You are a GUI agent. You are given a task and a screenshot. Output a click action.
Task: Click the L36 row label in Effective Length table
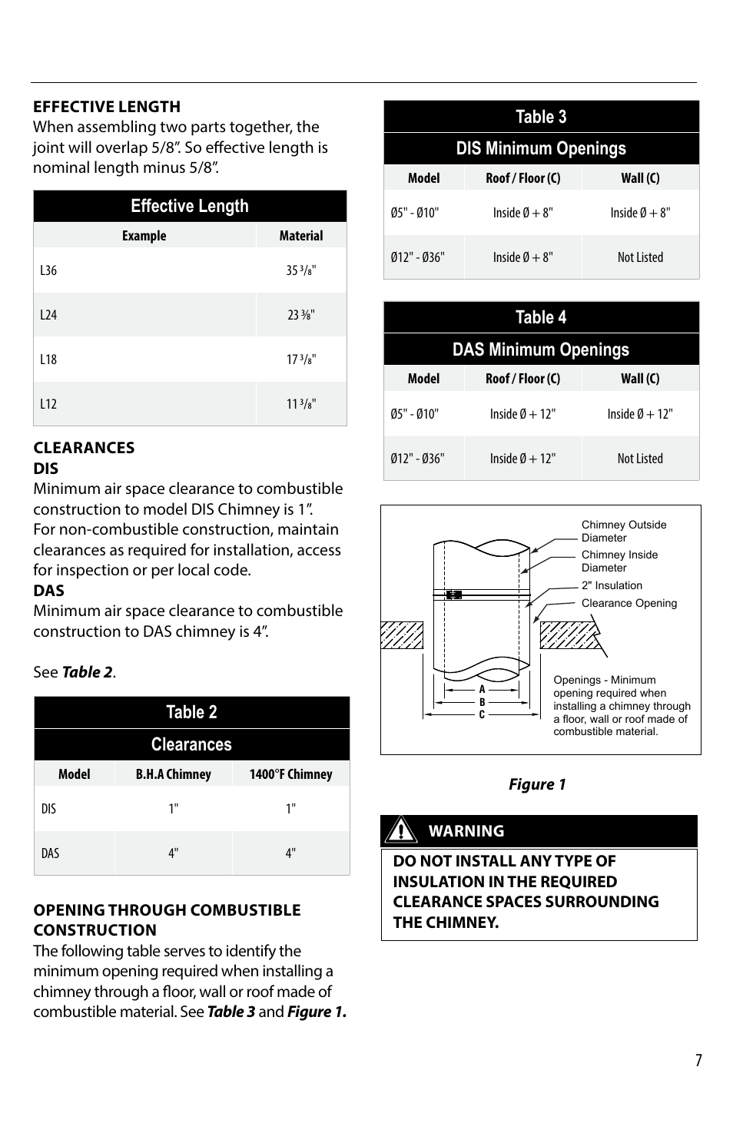pyautogui.click(x=48, y=270)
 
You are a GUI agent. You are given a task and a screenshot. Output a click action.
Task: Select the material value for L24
pyautogui.click(x=301, y=315)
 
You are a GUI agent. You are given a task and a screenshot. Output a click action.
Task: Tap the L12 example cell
pyautogui.click(x=48, y=404)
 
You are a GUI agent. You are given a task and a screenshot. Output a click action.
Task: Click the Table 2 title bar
pyautogui.click(x=191, y=712)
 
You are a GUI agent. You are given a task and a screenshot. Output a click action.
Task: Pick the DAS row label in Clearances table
pyautogui.click(x=50, y=853)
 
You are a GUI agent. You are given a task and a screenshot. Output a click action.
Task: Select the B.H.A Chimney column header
pyautogui.click(x=174, y=774)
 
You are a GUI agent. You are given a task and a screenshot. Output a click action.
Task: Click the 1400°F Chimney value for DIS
pyautogui.click(x=290, y=809)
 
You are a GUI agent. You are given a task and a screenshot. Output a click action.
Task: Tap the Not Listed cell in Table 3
pyautogui.click(x=640, y=257)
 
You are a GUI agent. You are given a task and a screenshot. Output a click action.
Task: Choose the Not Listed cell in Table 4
pyautogui.click(x=640, y=459)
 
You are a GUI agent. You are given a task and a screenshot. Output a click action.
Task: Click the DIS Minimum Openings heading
pyautogui.click(x=541, y=148)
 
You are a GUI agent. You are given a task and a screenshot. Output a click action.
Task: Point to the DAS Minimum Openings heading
pyautogui.click(x=541, y=350)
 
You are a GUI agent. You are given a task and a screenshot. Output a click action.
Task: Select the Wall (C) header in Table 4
pyautogui.click(x=640, y=379)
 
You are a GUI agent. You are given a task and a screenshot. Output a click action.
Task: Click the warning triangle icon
pyautogui.click(x=400, y=830)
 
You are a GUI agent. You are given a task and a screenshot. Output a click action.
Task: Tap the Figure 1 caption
pyautogui.click(x=537, y=784)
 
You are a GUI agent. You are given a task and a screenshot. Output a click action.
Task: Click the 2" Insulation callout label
pyautogui.click(x=612, y=585)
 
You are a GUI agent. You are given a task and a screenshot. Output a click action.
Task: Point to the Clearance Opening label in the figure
pyautogui.click(x=629, y=603)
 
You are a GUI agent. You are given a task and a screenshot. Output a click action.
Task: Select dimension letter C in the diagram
pyautogui.click(x=483, y=715)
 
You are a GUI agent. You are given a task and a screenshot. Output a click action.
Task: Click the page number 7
pyautogui.click(x=698, y=1061)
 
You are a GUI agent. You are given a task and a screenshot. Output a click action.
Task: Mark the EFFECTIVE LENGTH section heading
pyautogui.click(x=107, y=107)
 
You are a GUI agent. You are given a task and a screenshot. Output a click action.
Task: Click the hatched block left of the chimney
pyautogui.click(x=402, y=635)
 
